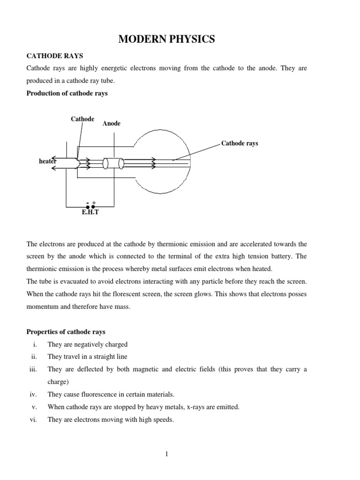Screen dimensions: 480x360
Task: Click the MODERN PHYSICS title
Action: [166, 40]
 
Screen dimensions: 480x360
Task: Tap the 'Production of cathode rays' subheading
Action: [67, 93]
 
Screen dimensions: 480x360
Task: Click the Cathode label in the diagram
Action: [82, 119]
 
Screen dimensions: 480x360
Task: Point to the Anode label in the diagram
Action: [112, 124]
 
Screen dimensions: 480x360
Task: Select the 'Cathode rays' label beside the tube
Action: [240, 143]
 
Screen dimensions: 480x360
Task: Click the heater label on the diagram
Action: [47, 161]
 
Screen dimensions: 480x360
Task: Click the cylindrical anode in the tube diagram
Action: [113, 163]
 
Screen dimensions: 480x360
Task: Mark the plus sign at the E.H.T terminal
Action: [94, 202]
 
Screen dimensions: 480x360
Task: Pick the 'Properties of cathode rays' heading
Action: [66, 332]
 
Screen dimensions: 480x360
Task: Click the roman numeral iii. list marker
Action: [33, 369]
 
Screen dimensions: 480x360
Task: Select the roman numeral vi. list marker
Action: [33, 420]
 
